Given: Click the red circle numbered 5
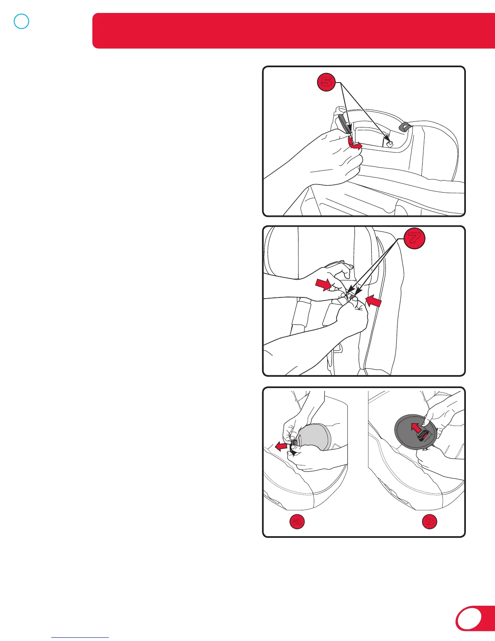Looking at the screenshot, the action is coord(326,82).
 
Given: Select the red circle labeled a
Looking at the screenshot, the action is coord(297,522).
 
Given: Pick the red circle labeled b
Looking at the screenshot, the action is coord(429,522).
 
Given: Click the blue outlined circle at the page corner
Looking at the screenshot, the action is coord(21,21).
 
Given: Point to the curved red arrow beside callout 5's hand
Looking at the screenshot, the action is coord(354,144).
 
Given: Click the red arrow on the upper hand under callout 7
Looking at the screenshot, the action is coord(324,284).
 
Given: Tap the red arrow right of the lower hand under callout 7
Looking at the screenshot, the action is coord(374,301).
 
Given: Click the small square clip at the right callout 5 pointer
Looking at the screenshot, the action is coord(390,144).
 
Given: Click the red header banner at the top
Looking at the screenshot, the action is coord(294,31).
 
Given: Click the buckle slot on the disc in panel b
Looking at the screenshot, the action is coord(424,436).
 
